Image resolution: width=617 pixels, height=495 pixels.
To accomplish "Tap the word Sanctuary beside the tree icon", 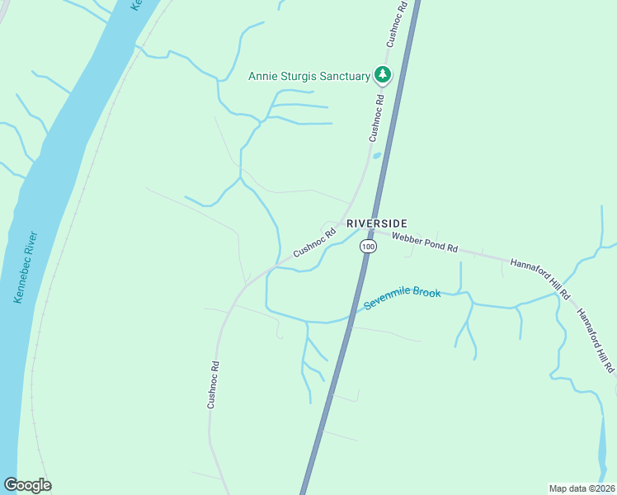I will [340, 77].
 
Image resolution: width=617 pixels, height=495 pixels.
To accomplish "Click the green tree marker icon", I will [382, 76].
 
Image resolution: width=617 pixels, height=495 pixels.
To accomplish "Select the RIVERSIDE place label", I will [377, 224].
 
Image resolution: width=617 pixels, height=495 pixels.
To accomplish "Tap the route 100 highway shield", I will [368, 247].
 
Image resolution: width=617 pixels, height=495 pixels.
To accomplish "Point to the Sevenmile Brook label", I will [403, 300].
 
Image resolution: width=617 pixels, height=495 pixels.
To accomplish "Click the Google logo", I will [27, 485].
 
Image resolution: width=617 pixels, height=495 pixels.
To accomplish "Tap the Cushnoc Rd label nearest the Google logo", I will [213, 384].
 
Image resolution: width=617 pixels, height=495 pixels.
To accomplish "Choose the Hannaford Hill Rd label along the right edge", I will [596, 338].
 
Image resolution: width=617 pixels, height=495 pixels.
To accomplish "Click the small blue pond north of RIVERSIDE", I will [377, 154].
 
